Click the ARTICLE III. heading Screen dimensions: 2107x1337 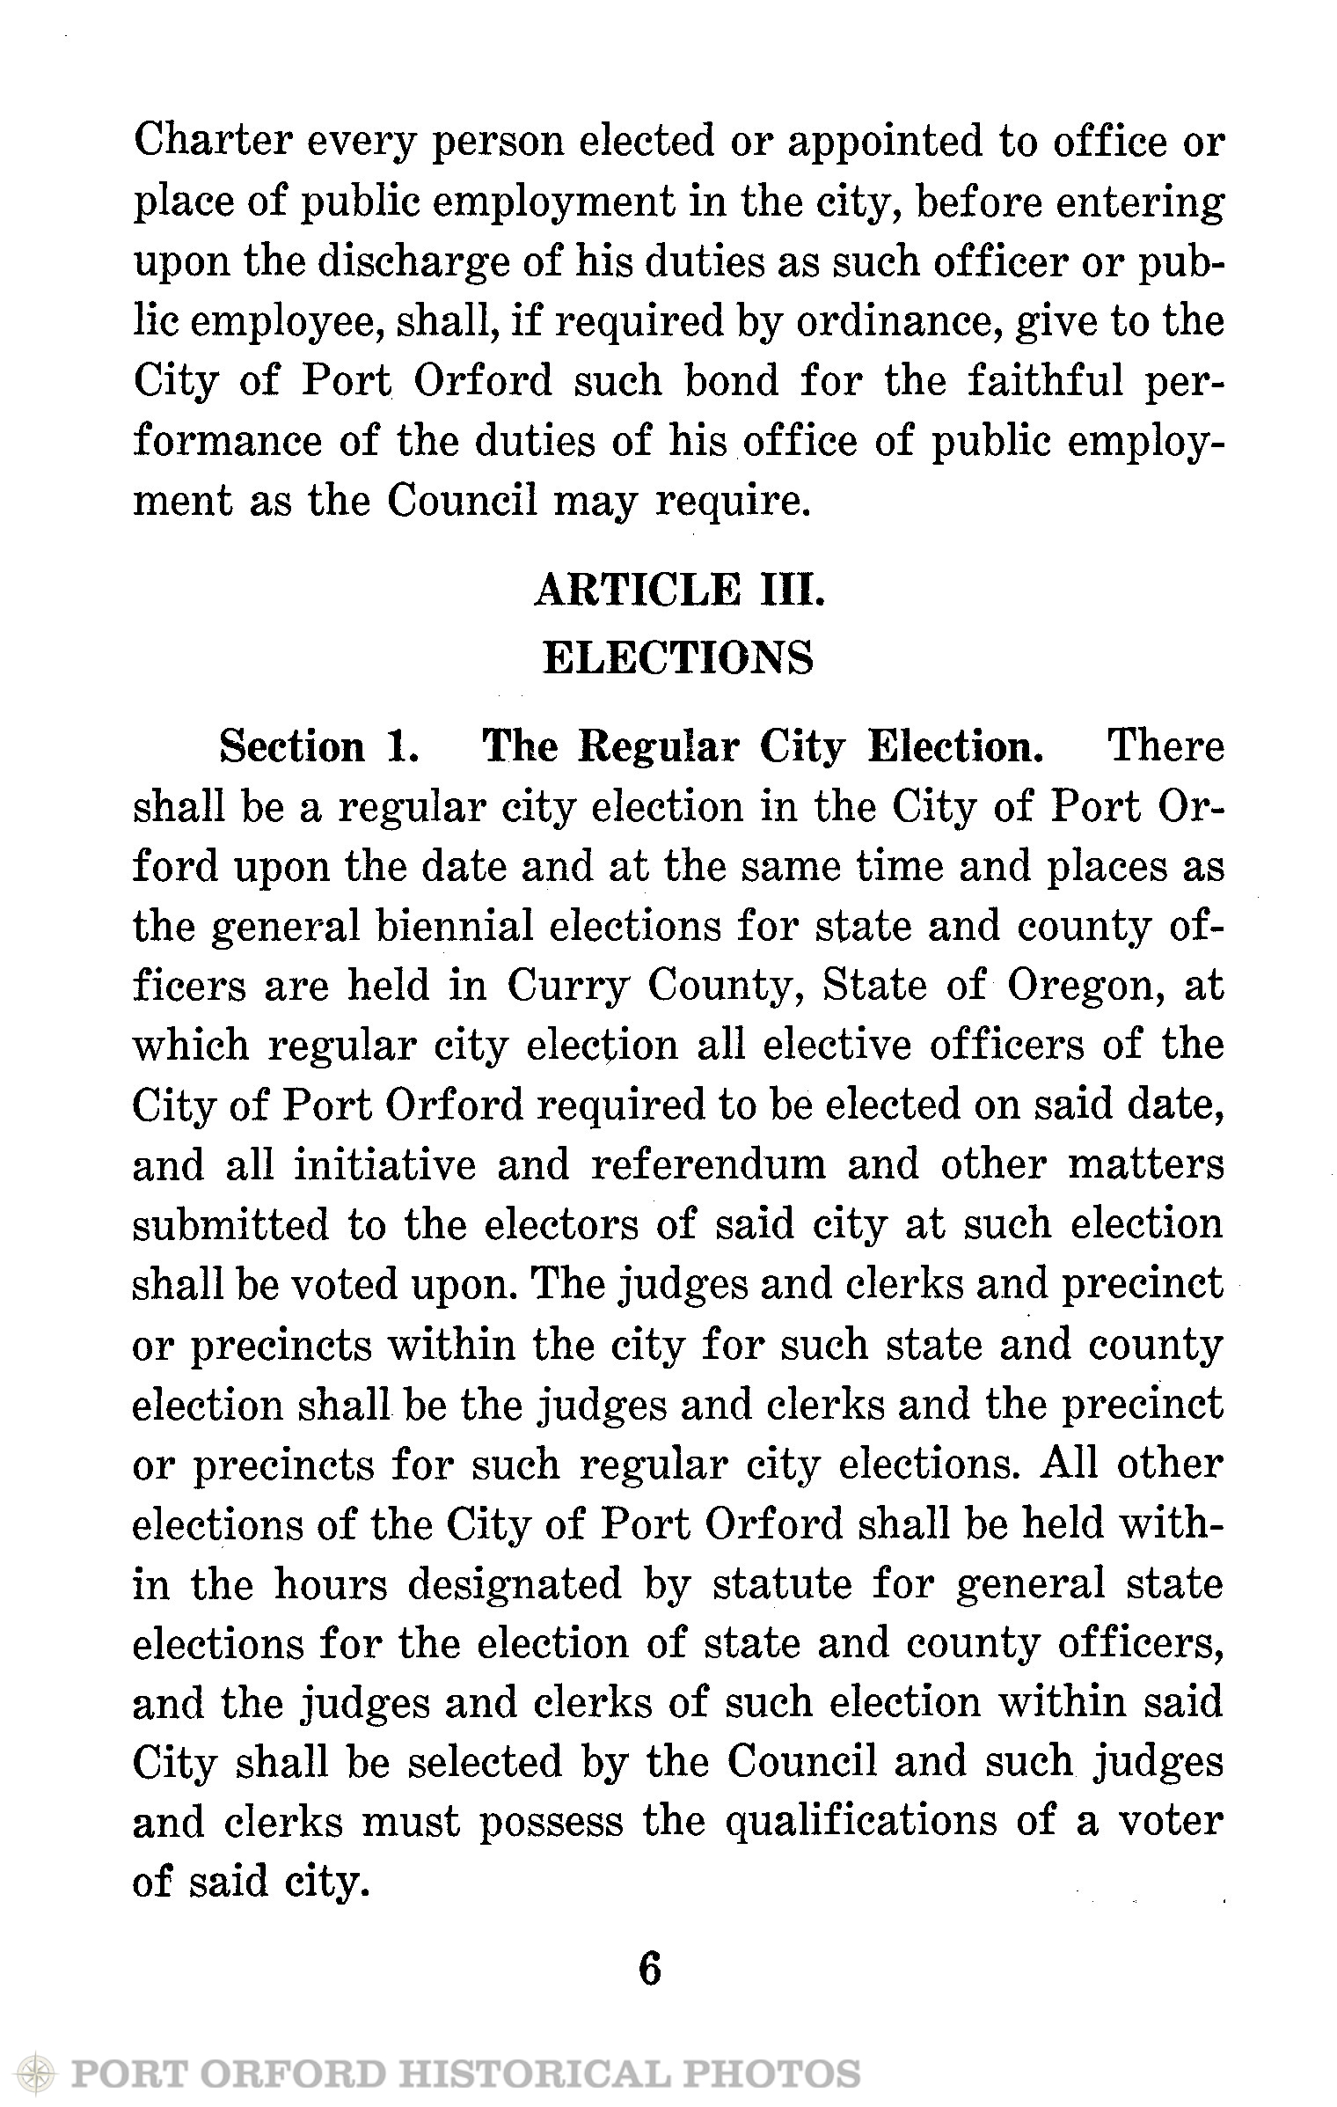[680, 591]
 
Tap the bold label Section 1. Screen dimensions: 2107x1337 [318, 748]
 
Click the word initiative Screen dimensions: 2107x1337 [384, 1166]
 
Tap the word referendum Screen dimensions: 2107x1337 [708, 1166]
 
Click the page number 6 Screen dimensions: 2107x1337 [649, 1970]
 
